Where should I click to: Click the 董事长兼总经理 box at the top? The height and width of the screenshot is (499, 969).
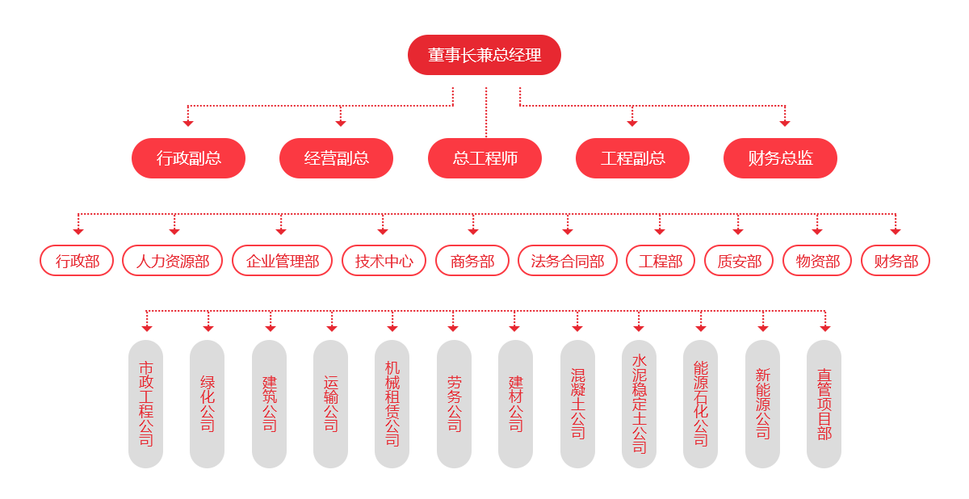pos(484,55)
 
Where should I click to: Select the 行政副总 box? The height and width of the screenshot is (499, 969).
pos(188,157)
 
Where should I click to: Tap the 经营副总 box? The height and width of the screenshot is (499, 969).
pos(336,157)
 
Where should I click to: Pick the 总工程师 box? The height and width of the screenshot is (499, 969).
pos(484,157)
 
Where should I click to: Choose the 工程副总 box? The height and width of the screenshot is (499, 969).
pos(632,157)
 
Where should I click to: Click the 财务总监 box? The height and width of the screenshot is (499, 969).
pos(780,157)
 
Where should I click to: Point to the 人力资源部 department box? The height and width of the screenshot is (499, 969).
pos(172,261)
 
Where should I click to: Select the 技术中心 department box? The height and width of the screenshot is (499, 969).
pos(383,261)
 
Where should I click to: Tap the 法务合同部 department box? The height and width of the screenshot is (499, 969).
pos(567,261)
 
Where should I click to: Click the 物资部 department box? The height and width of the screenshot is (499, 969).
pos(816,261)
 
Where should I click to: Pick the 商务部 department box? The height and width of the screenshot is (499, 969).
pos(472,261)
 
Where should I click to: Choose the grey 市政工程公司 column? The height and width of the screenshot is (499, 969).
pos(145,404)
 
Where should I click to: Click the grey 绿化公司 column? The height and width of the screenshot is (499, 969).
pos(207,404)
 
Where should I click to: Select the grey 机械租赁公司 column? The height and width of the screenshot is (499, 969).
pos(392,404)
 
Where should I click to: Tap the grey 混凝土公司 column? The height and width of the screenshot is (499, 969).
pos(577,404)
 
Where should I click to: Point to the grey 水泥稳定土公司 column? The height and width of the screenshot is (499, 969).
pos(639,404)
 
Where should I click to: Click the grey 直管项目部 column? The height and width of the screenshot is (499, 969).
pos(824,404)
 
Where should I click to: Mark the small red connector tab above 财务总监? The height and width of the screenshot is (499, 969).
pos(784,124)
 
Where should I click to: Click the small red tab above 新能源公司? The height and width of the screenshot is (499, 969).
pos(762,329)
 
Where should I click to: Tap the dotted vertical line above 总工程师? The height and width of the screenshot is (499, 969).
pos(486,113)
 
